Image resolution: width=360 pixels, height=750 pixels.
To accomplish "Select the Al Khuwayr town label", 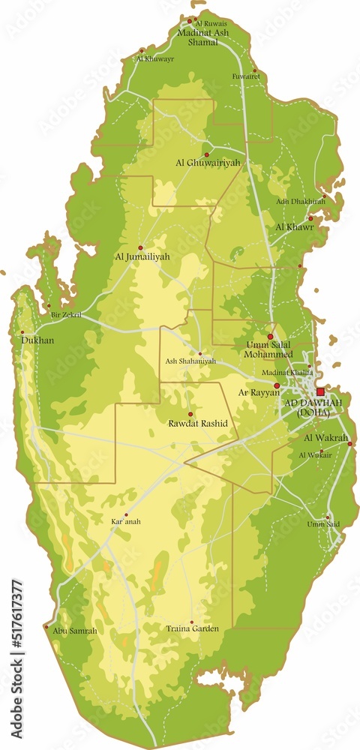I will pyautogui.click(x=154, y=58).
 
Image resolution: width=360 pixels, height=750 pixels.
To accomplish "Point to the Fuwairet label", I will pyautogui.click(x=245, y=76).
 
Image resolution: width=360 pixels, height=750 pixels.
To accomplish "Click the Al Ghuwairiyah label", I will pyautogui.click(x=208, y=162).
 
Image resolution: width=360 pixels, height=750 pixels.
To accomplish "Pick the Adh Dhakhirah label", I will pyautogui.click(x=300, y=201).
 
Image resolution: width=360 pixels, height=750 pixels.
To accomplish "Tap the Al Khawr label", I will pyautogui.click(x=293, y=226).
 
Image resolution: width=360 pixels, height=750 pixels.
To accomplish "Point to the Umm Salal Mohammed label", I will pyautogui.click(x=268, y=349).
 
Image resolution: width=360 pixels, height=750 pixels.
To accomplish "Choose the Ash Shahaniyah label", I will pyautogui.click(x=190, y=361).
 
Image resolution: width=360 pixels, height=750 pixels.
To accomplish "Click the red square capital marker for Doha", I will pyautogui.click(x=320, y=391).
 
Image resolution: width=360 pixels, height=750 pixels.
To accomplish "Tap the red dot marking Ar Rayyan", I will pyautogui.click(x=277, y=385).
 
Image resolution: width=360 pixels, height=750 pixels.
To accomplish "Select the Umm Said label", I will pyautogui.click(x=322, y=524).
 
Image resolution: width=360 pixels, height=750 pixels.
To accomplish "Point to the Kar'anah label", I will pyautogui.click(x=126, y=521).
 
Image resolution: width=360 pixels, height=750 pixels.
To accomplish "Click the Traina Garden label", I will pyautogui.click(x=193, y=628).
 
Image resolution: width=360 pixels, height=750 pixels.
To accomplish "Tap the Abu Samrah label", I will pyautogui.click(x=74, y=631).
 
